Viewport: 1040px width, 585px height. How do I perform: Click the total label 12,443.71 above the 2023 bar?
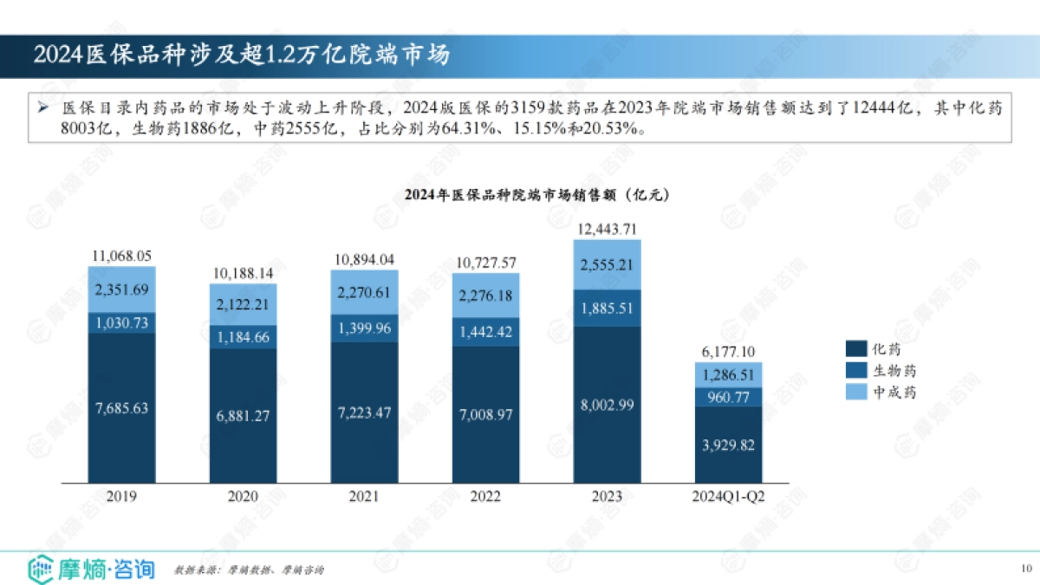click(x=607, y=229)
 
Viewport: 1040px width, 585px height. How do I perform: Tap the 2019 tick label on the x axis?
click(x=121, y=497)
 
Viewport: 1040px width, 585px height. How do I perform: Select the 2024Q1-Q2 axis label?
click(x=728, y=497)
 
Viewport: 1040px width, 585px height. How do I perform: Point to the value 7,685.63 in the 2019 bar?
click(x=121, y=407)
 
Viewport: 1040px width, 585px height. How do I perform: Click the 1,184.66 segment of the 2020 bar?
click(x=243, y=337)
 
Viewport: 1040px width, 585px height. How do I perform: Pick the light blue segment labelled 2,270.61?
click(x=364, y=293)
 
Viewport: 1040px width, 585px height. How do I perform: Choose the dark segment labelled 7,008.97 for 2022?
click(x=485, y=414)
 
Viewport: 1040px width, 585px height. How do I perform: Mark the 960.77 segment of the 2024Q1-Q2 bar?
click(x=728, y=396)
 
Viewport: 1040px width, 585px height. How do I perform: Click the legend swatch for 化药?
click(x=855, y=349)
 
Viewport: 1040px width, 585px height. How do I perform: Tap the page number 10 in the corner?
click(x=1026, y=569)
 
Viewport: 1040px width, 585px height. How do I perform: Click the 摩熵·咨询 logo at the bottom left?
click(x=92, y=569)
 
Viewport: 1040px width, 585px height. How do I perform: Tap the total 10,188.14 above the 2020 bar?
click(x=243, y=273)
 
